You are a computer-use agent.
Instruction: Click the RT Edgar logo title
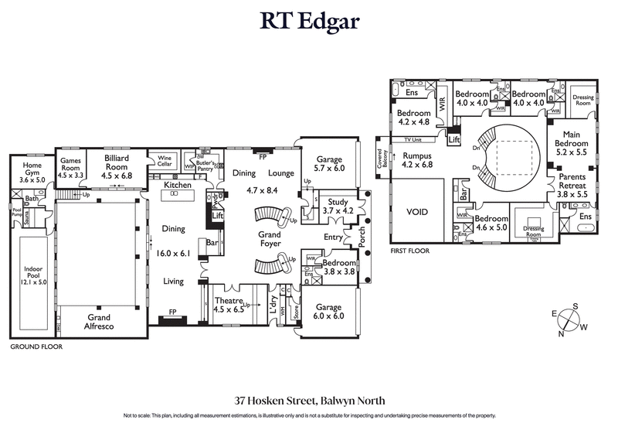pos(309,22)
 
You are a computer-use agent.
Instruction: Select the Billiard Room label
pos(117,161)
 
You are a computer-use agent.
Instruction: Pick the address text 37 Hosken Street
pos(309,401)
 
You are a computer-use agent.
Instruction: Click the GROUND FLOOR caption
pos(36,347)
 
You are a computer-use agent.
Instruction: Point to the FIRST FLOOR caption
pos(409,251)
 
